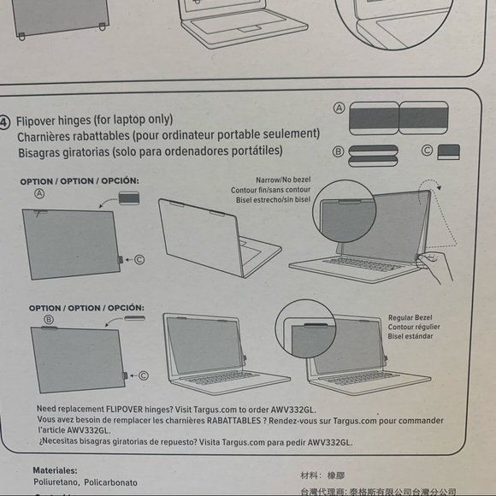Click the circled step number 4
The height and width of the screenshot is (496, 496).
click(5, 120)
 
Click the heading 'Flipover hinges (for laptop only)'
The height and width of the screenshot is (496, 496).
click(94, 120)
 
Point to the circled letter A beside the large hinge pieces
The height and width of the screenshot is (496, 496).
click(340, 109)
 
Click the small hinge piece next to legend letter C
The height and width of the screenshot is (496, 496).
click(448, 151)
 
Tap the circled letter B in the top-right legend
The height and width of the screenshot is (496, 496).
click(339, 151)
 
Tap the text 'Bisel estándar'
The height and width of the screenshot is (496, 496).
click(410, 336)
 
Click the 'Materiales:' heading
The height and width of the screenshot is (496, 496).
click(55, 470)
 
